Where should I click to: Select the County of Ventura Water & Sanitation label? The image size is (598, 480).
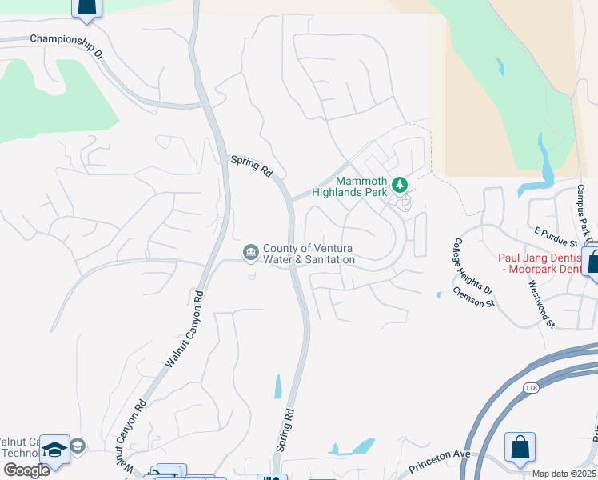(309, 254)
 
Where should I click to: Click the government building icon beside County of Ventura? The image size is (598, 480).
(251, 254)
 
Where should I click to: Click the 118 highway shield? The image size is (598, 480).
(531, 387)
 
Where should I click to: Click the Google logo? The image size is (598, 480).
(26, 470)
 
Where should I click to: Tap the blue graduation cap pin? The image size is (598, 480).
(54, 450)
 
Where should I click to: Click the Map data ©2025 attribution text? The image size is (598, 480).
(564, 474)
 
